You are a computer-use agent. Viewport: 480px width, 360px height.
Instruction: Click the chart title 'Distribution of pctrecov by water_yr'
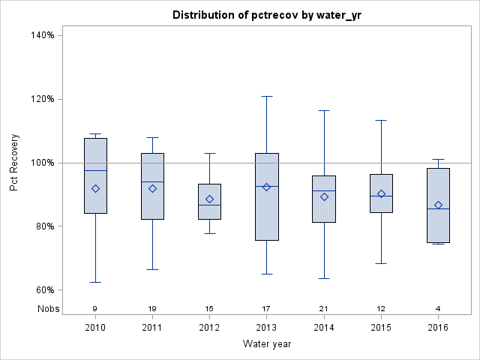pyautogui.click(x=267, y=15)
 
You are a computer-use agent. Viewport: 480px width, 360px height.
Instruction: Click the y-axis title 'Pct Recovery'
pyautogui.click(x=15, y=163)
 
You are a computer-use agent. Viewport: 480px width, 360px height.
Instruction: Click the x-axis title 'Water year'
pyautogui.click(x=267, y=343)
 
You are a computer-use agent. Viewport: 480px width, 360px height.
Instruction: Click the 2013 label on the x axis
pyautogui.click(x=267, y=327)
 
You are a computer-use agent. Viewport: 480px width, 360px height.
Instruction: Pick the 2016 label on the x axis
pyautogui.click(x=438, y=327)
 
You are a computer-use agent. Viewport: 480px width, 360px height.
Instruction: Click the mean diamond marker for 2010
pyautogui.click(x=95, y=188)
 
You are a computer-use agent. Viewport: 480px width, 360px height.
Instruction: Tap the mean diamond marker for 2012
pyautogui.click(x=209, y=199)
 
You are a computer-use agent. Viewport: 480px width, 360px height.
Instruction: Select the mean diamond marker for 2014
pyautogui.click(x=324, y=196)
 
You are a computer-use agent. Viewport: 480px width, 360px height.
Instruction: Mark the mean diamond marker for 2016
pyautogui.click(x=438, y=205)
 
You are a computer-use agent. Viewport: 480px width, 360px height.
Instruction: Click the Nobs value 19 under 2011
pyautogui.click(x=152, y=309)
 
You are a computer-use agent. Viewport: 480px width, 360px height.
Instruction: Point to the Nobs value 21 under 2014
pyautogui.click(x=324, y=309)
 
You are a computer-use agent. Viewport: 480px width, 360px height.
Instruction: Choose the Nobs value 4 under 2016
pyautogui.click(x=438, y=309)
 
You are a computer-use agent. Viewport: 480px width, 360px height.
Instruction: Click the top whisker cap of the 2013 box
pyautogui.click(x=267, y=96)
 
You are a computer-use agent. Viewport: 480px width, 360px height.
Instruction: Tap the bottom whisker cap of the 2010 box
pyautogui.click(x=95, y=282)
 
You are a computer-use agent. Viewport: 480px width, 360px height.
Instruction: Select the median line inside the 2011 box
pyautogui.click(x=152, y=181)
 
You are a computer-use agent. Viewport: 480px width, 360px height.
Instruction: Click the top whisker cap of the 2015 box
pyautogui.click(x=381, y=120)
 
